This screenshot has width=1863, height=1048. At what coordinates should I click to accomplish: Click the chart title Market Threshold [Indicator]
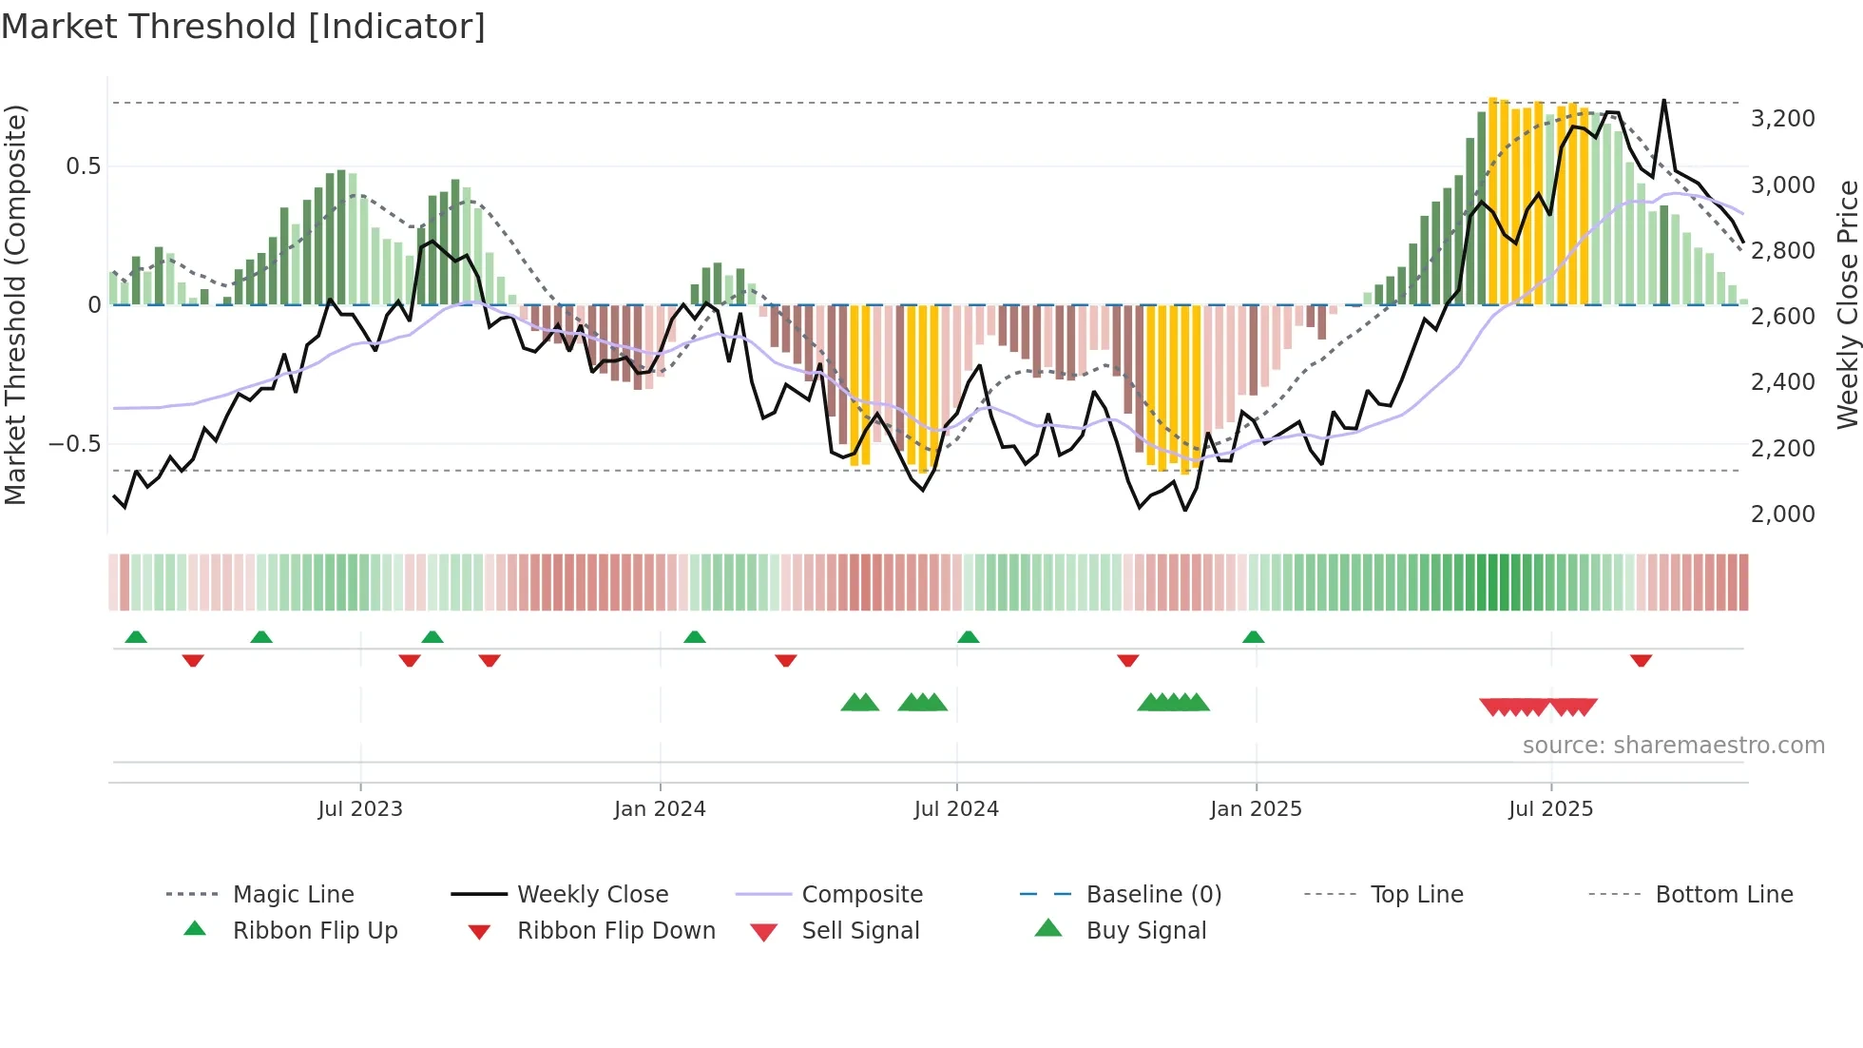tap(243, 27)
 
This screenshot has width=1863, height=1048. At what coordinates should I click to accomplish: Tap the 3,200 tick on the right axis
tap(1782, 119)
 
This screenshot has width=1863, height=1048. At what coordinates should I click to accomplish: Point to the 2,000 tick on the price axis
tap(1782, 514)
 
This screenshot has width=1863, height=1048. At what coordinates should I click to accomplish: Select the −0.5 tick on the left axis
tap(74, 444)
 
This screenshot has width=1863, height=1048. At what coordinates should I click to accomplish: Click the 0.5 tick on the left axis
tap(83, 166)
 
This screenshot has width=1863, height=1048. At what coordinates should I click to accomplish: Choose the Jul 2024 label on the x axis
tap(956, 809)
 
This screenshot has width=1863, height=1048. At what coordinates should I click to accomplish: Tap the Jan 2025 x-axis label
tap(1256, 809)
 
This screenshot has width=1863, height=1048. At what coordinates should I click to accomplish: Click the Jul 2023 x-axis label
tap(360, 809)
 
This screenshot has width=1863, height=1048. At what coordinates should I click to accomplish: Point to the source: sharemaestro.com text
tap(1673, 746)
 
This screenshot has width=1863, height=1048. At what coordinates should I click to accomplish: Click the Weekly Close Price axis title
tap(1847, 304)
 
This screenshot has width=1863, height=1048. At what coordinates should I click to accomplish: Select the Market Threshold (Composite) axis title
tap(15, 304)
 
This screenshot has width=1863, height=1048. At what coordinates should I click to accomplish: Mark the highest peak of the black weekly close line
tap(1663, 101)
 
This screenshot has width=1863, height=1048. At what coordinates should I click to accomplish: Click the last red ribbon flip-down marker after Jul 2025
tap(1641, 660)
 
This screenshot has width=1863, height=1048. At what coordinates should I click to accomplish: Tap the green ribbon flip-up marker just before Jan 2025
tap(1253, 637)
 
